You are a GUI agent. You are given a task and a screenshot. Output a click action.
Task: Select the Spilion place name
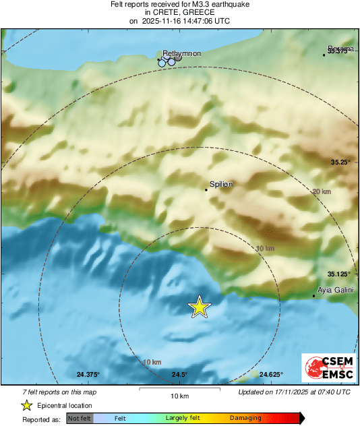tap(221, 183)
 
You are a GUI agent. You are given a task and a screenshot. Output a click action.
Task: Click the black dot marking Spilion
tap(207, 190)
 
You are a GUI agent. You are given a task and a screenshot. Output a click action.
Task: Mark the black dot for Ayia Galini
tap(314, 296)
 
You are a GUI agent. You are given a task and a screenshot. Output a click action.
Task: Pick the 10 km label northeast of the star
tap(265, 249)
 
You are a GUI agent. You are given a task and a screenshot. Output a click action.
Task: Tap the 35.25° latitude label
tap(341, 162)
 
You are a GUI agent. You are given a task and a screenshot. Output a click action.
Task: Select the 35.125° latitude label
tap(339, 274)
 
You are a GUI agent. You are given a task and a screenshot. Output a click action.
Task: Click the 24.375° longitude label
tap(88, 375)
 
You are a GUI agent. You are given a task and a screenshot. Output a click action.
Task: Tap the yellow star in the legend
tap(26, 405)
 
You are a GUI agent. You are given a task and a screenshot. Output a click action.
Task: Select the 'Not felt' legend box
tap(80, 419)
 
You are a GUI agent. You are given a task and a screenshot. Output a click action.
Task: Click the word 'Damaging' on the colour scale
tap(245, 419)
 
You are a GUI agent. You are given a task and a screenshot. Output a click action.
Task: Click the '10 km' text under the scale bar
tap(179, 396)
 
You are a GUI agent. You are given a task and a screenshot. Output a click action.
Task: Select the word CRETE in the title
tap(161, 12)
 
